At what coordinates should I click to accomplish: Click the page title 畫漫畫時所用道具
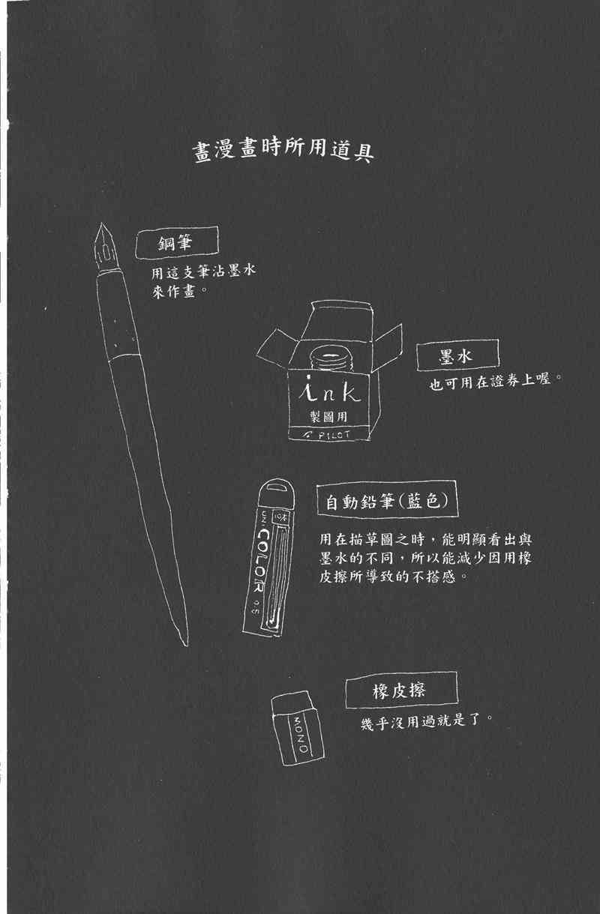(283, 151)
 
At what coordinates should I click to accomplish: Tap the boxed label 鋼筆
(177, 245)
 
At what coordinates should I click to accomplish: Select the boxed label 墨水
(455, 356)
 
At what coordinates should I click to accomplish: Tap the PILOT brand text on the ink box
(330, 433)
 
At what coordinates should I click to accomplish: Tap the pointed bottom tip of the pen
(183, 640)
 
